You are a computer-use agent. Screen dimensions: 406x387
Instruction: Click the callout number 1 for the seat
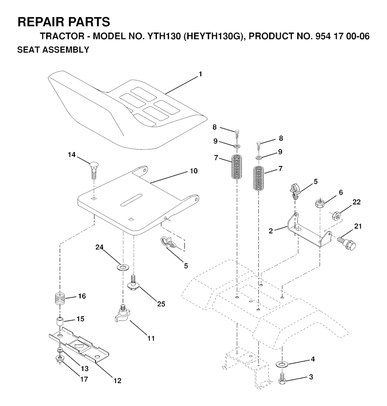pos(200,74)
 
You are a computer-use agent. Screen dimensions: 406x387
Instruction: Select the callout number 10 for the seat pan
pos(193,171)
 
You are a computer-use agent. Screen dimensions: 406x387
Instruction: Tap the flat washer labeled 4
pos(282,364)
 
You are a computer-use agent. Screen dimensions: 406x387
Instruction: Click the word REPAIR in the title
pos(41,22)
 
